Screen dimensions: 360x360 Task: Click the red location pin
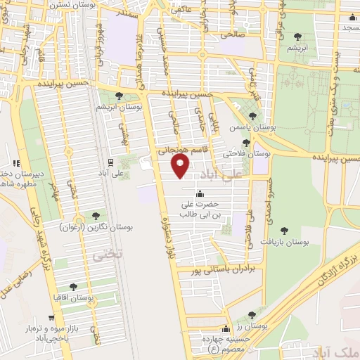pyautogui.click(x=181, y=166)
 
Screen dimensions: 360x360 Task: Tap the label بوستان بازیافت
pyautogui.click(x=288, y=241)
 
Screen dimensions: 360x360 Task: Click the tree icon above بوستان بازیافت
pyautogui.click(x=284, y=229)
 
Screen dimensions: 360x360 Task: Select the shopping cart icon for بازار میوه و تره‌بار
pyautogui.click(x=51, y=318)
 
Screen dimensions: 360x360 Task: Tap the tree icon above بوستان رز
pyautogui.click(x=252, y=315)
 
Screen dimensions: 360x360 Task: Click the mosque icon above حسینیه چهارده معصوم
pyautogui.click(x=226, y=328)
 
